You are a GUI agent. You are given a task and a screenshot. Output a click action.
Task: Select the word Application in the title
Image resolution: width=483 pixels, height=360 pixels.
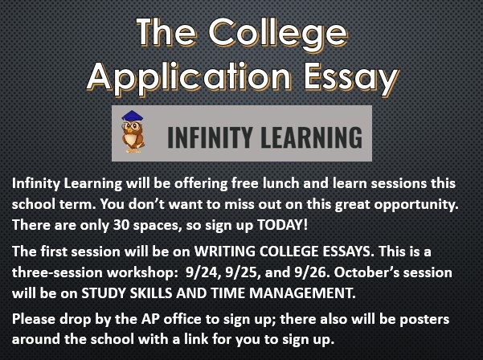189,77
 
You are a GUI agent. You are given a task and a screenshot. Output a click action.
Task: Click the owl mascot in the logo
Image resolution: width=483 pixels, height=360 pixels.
133,132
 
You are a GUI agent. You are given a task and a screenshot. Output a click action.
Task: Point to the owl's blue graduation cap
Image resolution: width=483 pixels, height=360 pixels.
133,116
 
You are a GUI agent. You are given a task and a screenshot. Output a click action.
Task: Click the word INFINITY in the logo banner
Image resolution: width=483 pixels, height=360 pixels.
210,137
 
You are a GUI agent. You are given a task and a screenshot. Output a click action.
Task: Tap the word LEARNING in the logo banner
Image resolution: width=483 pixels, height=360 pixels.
312,137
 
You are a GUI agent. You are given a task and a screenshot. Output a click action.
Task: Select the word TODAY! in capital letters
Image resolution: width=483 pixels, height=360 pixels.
282,225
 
